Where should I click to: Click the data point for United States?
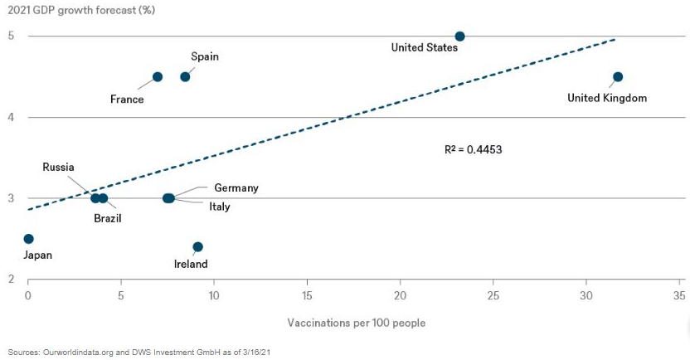(460, 36)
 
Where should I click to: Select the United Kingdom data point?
(617, 77)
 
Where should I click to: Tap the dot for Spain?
(185, 77)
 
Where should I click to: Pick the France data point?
(158, 77)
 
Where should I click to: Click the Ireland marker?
(197, 247)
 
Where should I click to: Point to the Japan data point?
(28, 239)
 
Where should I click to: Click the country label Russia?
(59, 168)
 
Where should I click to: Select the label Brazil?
(107, 218)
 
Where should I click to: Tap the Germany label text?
(236, 188)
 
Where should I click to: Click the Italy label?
(220, 207)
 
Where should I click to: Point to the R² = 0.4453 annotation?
(474, 150)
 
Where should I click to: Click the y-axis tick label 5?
(12, 36)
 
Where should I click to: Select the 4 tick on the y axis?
(12, 117)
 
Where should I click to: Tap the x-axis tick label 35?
(679, 296)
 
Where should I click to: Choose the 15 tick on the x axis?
(307, 296)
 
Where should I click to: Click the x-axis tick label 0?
(28, 296)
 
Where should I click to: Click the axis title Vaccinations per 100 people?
(357, 323)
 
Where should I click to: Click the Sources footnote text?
(140, 351)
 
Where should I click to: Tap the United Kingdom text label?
(606, 98)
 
